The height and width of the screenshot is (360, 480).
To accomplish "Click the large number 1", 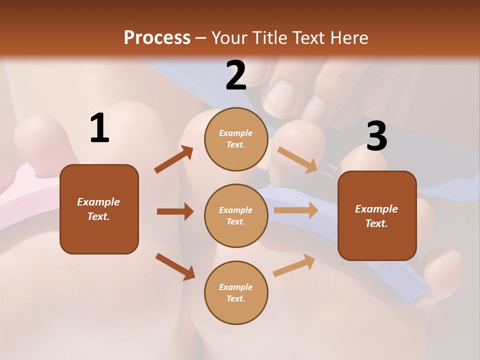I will point(99,129).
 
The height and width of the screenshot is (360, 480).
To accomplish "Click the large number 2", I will point(236,75).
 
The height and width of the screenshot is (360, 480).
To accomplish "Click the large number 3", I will point(376,136).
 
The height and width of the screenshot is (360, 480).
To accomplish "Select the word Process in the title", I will point(157,37).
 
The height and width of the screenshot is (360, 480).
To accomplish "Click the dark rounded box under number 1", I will point(99,209).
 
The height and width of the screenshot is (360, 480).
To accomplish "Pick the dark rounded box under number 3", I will point(377,215).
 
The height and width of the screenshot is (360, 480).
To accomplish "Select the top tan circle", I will point(236,139).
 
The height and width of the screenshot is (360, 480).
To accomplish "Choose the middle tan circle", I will point(236,215).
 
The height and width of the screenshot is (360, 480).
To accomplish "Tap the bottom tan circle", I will point(236,292).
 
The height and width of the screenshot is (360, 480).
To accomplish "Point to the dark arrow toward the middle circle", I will point(175,211).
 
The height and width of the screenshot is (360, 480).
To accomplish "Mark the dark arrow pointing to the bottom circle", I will point(175,266).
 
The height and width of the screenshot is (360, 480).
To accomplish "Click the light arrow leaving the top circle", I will point(297,160).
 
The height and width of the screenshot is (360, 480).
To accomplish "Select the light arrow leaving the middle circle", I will point(296,210).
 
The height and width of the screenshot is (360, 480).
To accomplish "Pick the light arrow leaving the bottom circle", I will point(294,265).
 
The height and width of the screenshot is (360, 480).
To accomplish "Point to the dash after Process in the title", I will point(200,38).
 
